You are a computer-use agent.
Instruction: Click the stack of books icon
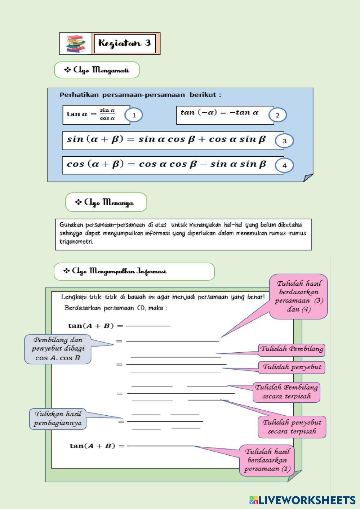[76, 44]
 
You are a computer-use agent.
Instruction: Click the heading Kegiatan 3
[125, 43]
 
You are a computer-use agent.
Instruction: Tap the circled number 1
[134, 115]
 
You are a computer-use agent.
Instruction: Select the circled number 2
[277, 115]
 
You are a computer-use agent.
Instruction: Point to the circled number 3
[284, 141]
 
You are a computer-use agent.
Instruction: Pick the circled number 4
[284, 166]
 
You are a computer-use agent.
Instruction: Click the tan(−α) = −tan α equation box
[225, 115]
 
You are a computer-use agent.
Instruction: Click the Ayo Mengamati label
[97, 70]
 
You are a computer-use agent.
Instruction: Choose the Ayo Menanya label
[106, 202]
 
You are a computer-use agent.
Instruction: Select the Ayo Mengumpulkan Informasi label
[134, 272]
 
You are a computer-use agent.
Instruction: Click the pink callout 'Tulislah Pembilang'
[292, 349]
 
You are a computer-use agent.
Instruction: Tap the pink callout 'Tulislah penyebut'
[292, 367]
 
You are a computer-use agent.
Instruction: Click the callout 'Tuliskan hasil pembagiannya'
[58, 419]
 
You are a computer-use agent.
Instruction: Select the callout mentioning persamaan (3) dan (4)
[299, 296]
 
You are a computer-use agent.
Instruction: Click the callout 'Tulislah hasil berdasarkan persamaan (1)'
[267, 460]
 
